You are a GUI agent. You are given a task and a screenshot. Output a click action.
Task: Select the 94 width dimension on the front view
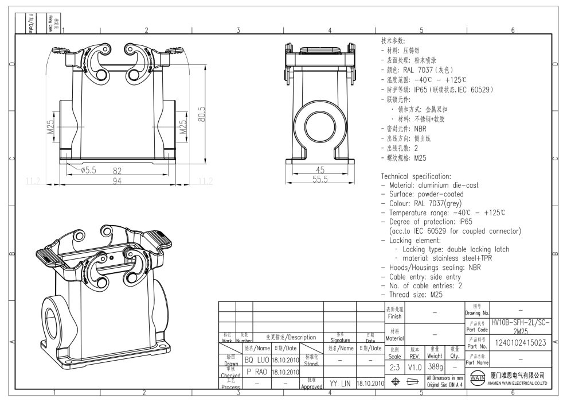click(117, 181)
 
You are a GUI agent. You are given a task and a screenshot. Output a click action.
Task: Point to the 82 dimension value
click(117, 171)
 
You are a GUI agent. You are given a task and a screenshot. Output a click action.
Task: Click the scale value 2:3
click(394, 366)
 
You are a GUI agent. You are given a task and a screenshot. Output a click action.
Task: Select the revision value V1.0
click(415, 366)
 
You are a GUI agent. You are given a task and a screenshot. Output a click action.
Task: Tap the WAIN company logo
click(476, 378)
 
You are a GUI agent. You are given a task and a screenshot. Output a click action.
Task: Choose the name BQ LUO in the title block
click(257, 360)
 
